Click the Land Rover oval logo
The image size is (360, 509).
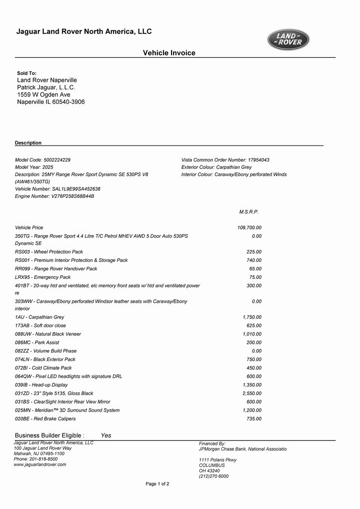pos(288,40)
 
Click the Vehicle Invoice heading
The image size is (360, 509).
pos(169,53)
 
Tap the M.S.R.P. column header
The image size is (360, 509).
pos(249,212)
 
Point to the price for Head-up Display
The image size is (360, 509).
pos(252,385)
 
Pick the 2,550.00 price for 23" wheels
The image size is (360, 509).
pos(252,393)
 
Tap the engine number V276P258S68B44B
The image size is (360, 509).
pos(73,196)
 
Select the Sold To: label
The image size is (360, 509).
pos(27,73)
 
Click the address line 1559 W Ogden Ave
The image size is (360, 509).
pos(44,94)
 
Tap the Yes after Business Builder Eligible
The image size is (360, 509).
pos(106,435)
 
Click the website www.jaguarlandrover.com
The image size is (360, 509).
pos(40,464)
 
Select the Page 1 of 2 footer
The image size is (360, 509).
pos(157,484)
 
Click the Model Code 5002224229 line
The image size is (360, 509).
pos(43,160)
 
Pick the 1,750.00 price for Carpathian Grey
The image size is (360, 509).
pos(252,317)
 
